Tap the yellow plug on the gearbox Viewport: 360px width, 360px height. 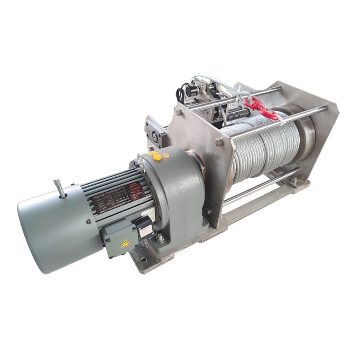157,157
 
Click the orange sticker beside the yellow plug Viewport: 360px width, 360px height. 166,155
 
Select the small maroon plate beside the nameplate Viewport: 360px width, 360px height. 135,190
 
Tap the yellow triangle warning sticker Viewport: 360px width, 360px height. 125,243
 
